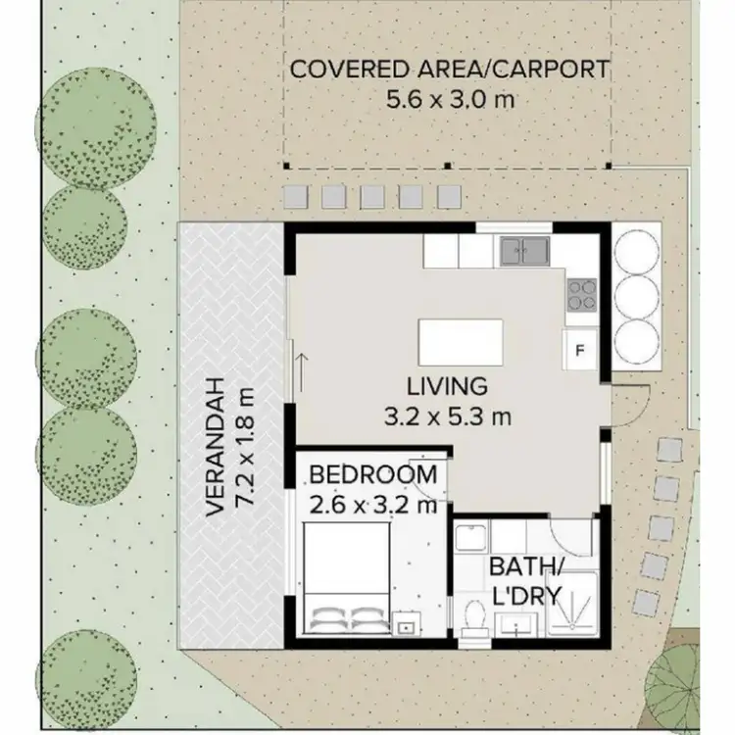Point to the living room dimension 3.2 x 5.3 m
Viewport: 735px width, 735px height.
tap(448, 416)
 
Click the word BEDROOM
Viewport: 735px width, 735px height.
tap(372, 476)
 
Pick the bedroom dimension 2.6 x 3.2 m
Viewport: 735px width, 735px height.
tap(372, 506)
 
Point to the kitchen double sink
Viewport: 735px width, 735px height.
tap(525, 253)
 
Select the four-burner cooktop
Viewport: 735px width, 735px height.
tap(582, 292)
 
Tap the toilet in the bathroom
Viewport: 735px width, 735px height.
tap(475, 616)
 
